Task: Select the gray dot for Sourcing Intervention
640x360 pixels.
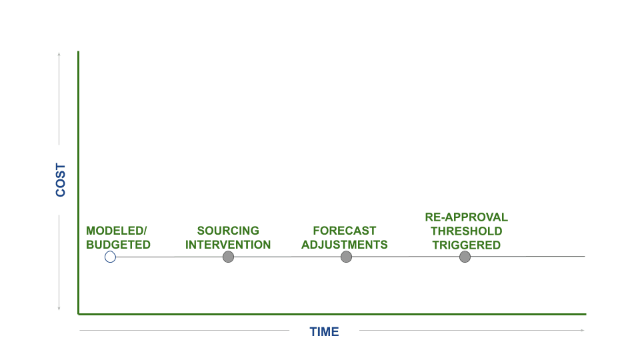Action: tap(228, 257)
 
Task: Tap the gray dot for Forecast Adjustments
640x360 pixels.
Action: tap(346, 257)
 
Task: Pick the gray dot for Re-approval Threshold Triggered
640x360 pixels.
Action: tap(465, 257)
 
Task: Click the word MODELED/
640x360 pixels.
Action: tap(116, 231)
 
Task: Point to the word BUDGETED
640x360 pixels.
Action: tap(119, 245)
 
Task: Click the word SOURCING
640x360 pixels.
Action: tap(228, 231)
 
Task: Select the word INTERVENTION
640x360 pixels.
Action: tap(228, 245)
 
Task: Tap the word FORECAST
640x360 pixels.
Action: tap(345, 231)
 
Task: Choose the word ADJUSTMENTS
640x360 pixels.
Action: tap(345, 245)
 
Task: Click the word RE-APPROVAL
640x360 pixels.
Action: tap(467, 217)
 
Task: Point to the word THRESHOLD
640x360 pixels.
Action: tap(467, 231)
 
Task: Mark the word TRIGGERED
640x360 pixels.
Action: tap(467, 245)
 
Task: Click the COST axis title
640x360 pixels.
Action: tap(61, 180)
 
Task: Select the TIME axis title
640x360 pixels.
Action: tap(324, 332)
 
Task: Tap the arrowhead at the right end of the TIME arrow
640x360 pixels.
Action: tap(583, 330)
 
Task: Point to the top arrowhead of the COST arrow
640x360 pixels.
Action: tap(59, 54)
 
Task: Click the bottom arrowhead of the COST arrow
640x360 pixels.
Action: tap(59, 309)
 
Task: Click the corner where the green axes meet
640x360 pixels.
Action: tap(79, 314)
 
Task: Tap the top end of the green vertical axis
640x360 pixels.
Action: tap(79, 51)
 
